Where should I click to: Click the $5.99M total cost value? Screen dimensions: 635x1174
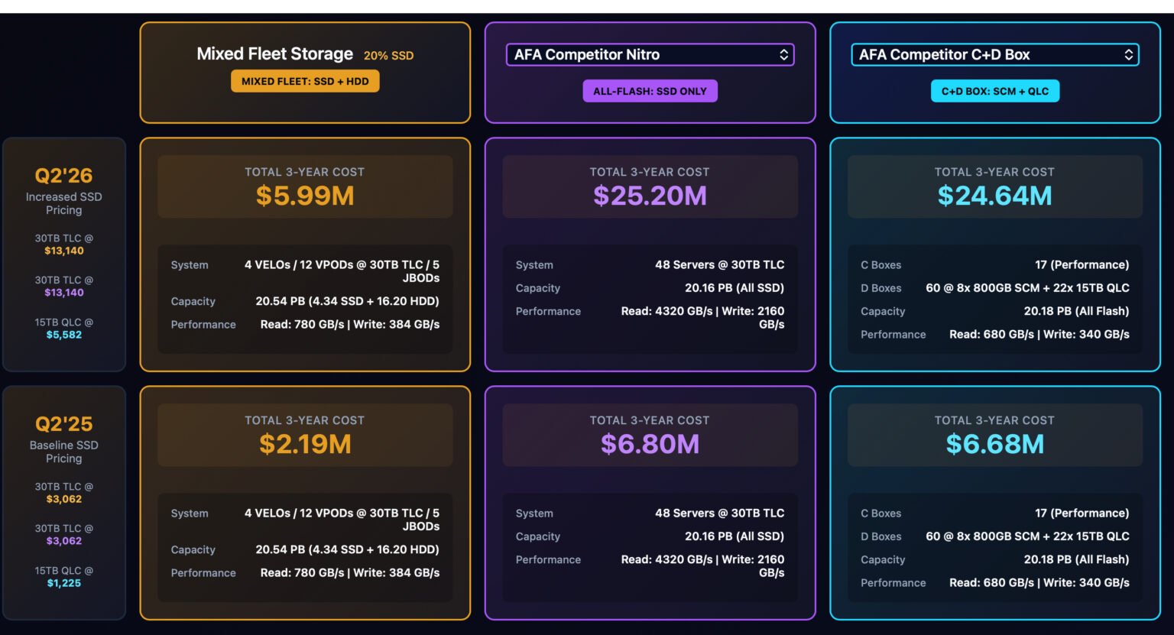(305, 196)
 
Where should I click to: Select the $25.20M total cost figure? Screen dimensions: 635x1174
(650, 196)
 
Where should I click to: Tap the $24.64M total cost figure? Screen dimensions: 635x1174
(994, 196)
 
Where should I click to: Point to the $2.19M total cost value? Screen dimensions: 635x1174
(305, 444)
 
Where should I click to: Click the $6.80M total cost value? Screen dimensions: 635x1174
(650, 444)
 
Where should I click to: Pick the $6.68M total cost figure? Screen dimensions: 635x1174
(994, 444)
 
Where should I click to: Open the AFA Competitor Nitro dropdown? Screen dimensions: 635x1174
(650, 55)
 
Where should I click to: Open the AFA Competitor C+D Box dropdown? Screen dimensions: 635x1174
(994, 55)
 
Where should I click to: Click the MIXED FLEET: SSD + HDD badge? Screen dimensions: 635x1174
(305, 81)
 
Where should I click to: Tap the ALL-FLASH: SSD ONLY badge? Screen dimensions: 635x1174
(650, 91)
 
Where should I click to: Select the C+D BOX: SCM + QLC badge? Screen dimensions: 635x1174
(994, 91)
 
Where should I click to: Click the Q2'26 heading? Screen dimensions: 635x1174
(63, 176)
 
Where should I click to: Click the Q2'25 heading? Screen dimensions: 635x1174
(63, 424)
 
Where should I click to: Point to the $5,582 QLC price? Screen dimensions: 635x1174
(63, 335)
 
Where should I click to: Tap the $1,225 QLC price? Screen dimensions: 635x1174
(63, 583)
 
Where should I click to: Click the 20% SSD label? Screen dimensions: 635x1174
(388, 56)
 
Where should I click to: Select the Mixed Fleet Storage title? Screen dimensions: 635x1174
(274, 54)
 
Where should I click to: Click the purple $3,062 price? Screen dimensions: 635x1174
(63, 541)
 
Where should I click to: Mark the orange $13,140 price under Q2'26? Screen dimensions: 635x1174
(63, 251)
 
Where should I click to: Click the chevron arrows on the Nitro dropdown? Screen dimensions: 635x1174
(783, 55)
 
